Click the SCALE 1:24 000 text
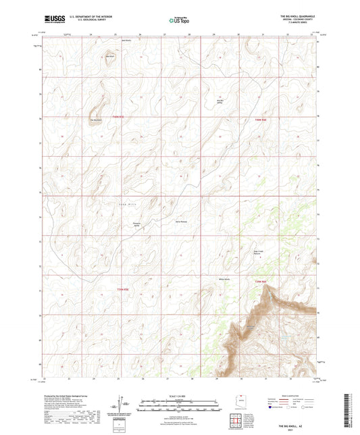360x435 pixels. [x=179, y=396]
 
